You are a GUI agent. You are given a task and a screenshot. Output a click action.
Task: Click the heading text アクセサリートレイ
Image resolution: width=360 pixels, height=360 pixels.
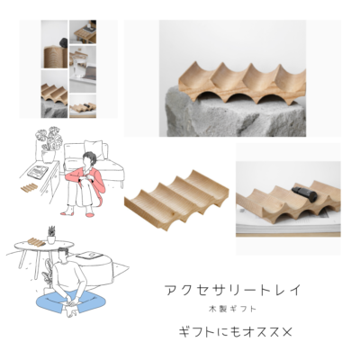(x=233, y=290)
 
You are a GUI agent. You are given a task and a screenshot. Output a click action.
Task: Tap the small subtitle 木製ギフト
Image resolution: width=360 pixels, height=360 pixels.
(x=232, y=309)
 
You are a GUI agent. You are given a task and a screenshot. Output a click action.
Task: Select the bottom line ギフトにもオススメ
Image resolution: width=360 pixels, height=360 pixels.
(x=235, y=332)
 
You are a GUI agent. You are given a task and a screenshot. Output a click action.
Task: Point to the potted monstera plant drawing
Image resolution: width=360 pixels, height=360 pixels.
(x=49, y=145)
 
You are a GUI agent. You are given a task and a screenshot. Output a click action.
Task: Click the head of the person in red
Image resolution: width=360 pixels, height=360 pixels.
(x=89, y=160)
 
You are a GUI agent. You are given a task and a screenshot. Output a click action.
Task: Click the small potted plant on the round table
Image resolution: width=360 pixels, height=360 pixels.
(x=51, y=235)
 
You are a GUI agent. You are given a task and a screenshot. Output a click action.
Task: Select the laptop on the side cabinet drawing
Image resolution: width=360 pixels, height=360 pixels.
(x=38, y=171)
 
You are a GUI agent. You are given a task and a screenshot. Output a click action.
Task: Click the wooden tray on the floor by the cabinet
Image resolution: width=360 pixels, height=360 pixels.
(x=30, y=188)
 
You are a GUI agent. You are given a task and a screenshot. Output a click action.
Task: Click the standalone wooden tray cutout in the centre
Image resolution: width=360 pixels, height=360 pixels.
(x=176, y=199)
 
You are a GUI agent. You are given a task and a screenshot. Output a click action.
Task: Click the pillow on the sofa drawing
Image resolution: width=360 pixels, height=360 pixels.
(x=93, y=149)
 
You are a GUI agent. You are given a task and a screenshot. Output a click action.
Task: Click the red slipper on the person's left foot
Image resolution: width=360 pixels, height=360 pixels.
(x=89, y=214)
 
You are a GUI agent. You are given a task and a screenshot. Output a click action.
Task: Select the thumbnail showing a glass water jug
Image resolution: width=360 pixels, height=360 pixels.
(x=83, y=69)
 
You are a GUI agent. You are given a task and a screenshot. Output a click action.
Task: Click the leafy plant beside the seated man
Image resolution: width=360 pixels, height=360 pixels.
(x=47, y=273)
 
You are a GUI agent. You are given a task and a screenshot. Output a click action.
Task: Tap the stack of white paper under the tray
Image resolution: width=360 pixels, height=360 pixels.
(x=288, y=229)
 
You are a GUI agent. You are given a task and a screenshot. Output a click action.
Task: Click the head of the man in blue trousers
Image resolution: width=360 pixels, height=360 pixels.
(x=63, y=255)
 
